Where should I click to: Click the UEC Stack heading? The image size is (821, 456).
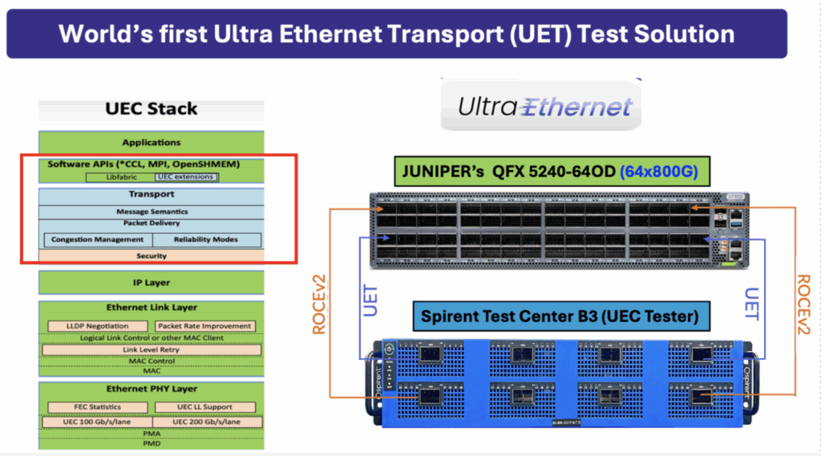click(151, 109)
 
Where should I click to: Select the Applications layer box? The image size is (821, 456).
click(151, 142)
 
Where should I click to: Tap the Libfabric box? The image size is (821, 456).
click(119, 176)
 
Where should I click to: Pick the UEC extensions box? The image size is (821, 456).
click(186, 176)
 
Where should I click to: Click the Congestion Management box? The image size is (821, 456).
click(97, 240)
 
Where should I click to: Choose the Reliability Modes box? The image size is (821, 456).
click(207, 240)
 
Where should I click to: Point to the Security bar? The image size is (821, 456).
click(151, 256)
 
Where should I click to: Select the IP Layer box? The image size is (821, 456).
click(151, 282)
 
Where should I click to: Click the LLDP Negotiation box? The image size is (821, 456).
click(97, 326)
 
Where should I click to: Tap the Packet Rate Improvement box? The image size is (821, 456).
click(205, 326)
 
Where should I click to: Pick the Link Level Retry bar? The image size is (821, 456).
click(151, 349)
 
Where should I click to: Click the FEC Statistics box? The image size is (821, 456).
click(97, 407)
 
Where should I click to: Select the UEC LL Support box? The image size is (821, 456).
click(205, 407)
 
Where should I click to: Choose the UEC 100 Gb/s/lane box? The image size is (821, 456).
click(97, 422)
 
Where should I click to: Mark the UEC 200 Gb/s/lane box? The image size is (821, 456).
click(207, 422)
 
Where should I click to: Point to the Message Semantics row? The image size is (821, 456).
click(151, 212)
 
